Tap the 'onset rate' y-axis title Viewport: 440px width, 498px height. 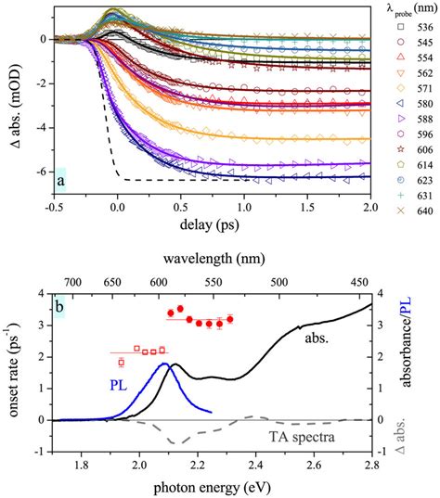point(12,372)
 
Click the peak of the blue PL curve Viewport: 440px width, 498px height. point(165,364)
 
